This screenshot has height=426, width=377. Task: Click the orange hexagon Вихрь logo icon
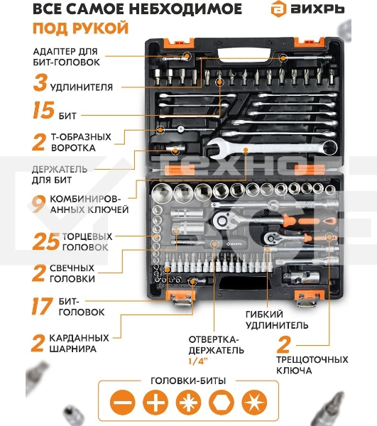pyautogui.click(x=278, y=9)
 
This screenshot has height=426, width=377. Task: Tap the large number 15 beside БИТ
pyautogui.click(x=43, y=110)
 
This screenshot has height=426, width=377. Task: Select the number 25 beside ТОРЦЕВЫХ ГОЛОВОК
pyautogui.click(x=45, y=241)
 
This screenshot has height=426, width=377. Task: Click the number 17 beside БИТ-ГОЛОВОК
pyautogui.click(x=43, y=306)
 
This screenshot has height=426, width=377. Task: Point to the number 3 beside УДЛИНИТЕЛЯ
pyautogui.click(x=40, y=82)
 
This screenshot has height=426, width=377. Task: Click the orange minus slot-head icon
pyautogui.click(x=123, y=403)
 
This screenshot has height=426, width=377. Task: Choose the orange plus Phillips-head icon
pyautogui.click(x=155, y=403)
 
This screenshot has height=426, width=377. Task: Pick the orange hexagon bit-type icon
pyautogui.click(x=222, y=403)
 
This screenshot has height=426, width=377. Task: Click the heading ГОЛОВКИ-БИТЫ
pyautogui.click(x=188, y=381)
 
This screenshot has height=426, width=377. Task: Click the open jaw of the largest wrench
pyautogui.click(x=217, y=148)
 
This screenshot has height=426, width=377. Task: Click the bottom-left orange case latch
pyautogui.click(x=181, y=297)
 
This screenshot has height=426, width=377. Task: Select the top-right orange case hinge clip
pyautogui.click(x=310, y=42)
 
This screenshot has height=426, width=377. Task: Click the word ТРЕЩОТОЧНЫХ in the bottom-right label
pyautogui.click(x=312, y=359)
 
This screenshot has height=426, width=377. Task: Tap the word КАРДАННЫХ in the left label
pyautogui.click(x=79, y=338)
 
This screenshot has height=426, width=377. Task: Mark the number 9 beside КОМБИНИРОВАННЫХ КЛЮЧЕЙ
pyautogui.click(x=38, y=204)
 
